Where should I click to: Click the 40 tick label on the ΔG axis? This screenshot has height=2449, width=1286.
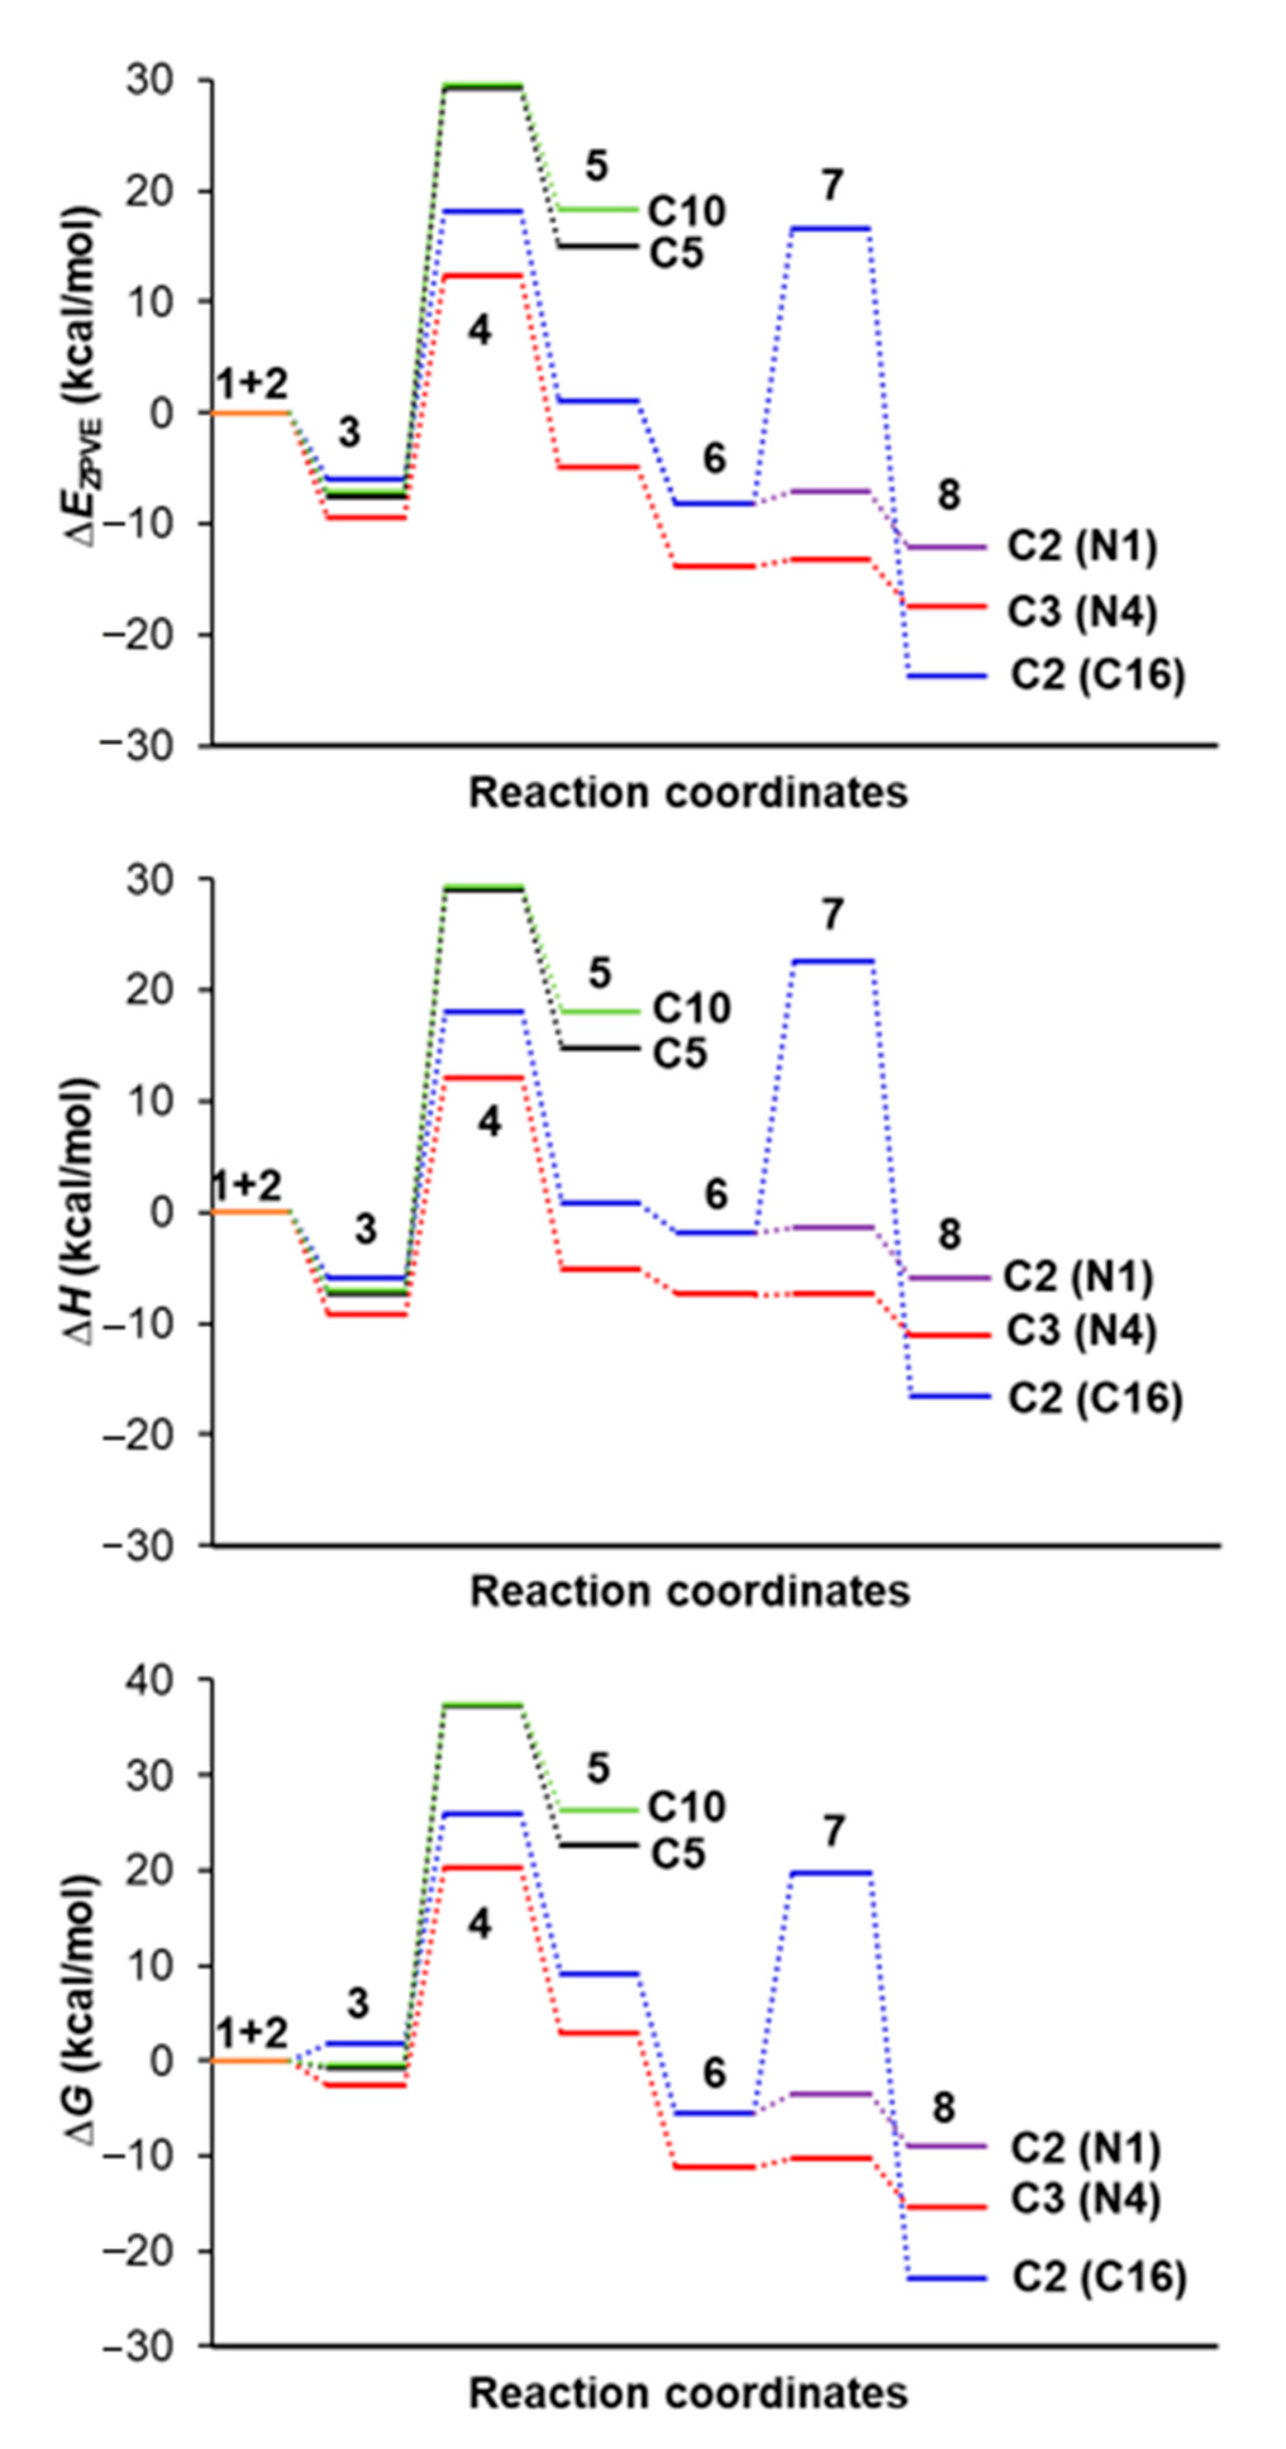pyautogui.click(x=159, y=1680)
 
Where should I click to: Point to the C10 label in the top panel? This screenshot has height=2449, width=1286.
pyautogui.click(x=687, y=211)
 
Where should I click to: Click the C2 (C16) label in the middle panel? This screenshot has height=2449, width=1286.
pyautogui.click(x=1095, y=1398)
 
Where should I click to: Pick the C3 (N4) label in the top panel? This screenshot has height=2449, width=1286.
pyautogui.click(x=1082, y=611)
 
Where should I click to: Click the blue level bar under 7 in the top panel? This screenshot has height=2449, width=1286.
pyautogui.click(x=830, y=228)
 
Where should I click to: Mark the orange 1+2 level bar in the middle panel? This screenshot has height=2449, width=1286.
pyautogui.click(x=249, y=1211)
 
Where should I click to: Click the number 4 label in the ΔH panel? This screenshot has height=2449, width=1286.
pyautogui.click(x=488, y=1123)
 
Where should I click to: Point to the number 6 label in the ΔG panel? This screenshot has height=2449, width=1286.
pyautogui.click(x=714, y=2073)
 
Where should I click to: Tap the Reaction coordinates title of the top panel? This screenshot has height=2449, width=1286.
pyautogui.click(x=688, y=792)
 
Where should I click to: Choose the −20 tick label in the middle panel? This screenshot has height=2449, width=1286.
pyautogui.click(x=152, y=1434)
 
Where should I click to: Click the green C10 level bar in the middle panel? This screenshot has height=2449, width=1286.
pyautogui.click(x=599, y=1011)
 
